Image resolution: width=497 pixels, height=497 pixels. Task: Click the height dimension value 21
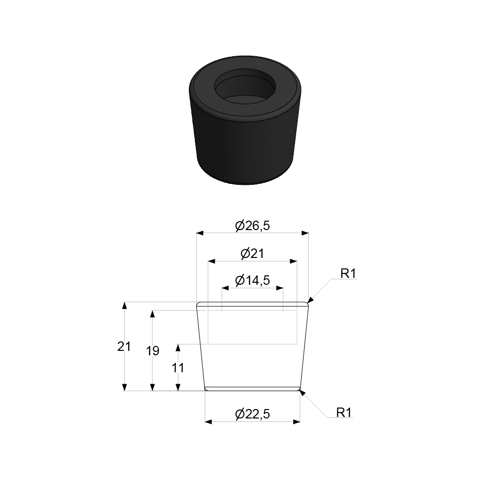click(x=124, y=346)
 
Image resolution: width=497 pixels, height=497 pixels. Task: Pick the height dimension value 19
click(x=153, y=351)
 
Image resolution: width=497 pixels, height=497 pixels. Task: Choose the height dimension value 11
click(x=178, y=368)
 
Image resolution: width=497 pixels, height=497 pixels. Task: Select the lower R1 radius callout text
click(x=344, y=413)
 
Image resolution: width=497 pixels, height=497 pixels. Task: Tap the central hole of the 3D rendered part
click(x=246, y=89)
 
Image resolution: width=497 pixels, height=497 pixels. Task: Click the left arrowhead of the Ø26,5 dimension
click(x=200, y=232)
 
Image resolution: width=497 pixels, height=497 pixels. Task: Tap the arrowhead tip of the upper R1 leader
click(x=309, y=301)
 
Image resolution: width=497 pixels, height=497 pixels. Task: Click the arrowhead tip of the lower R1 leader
click(x=300, y=392)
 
